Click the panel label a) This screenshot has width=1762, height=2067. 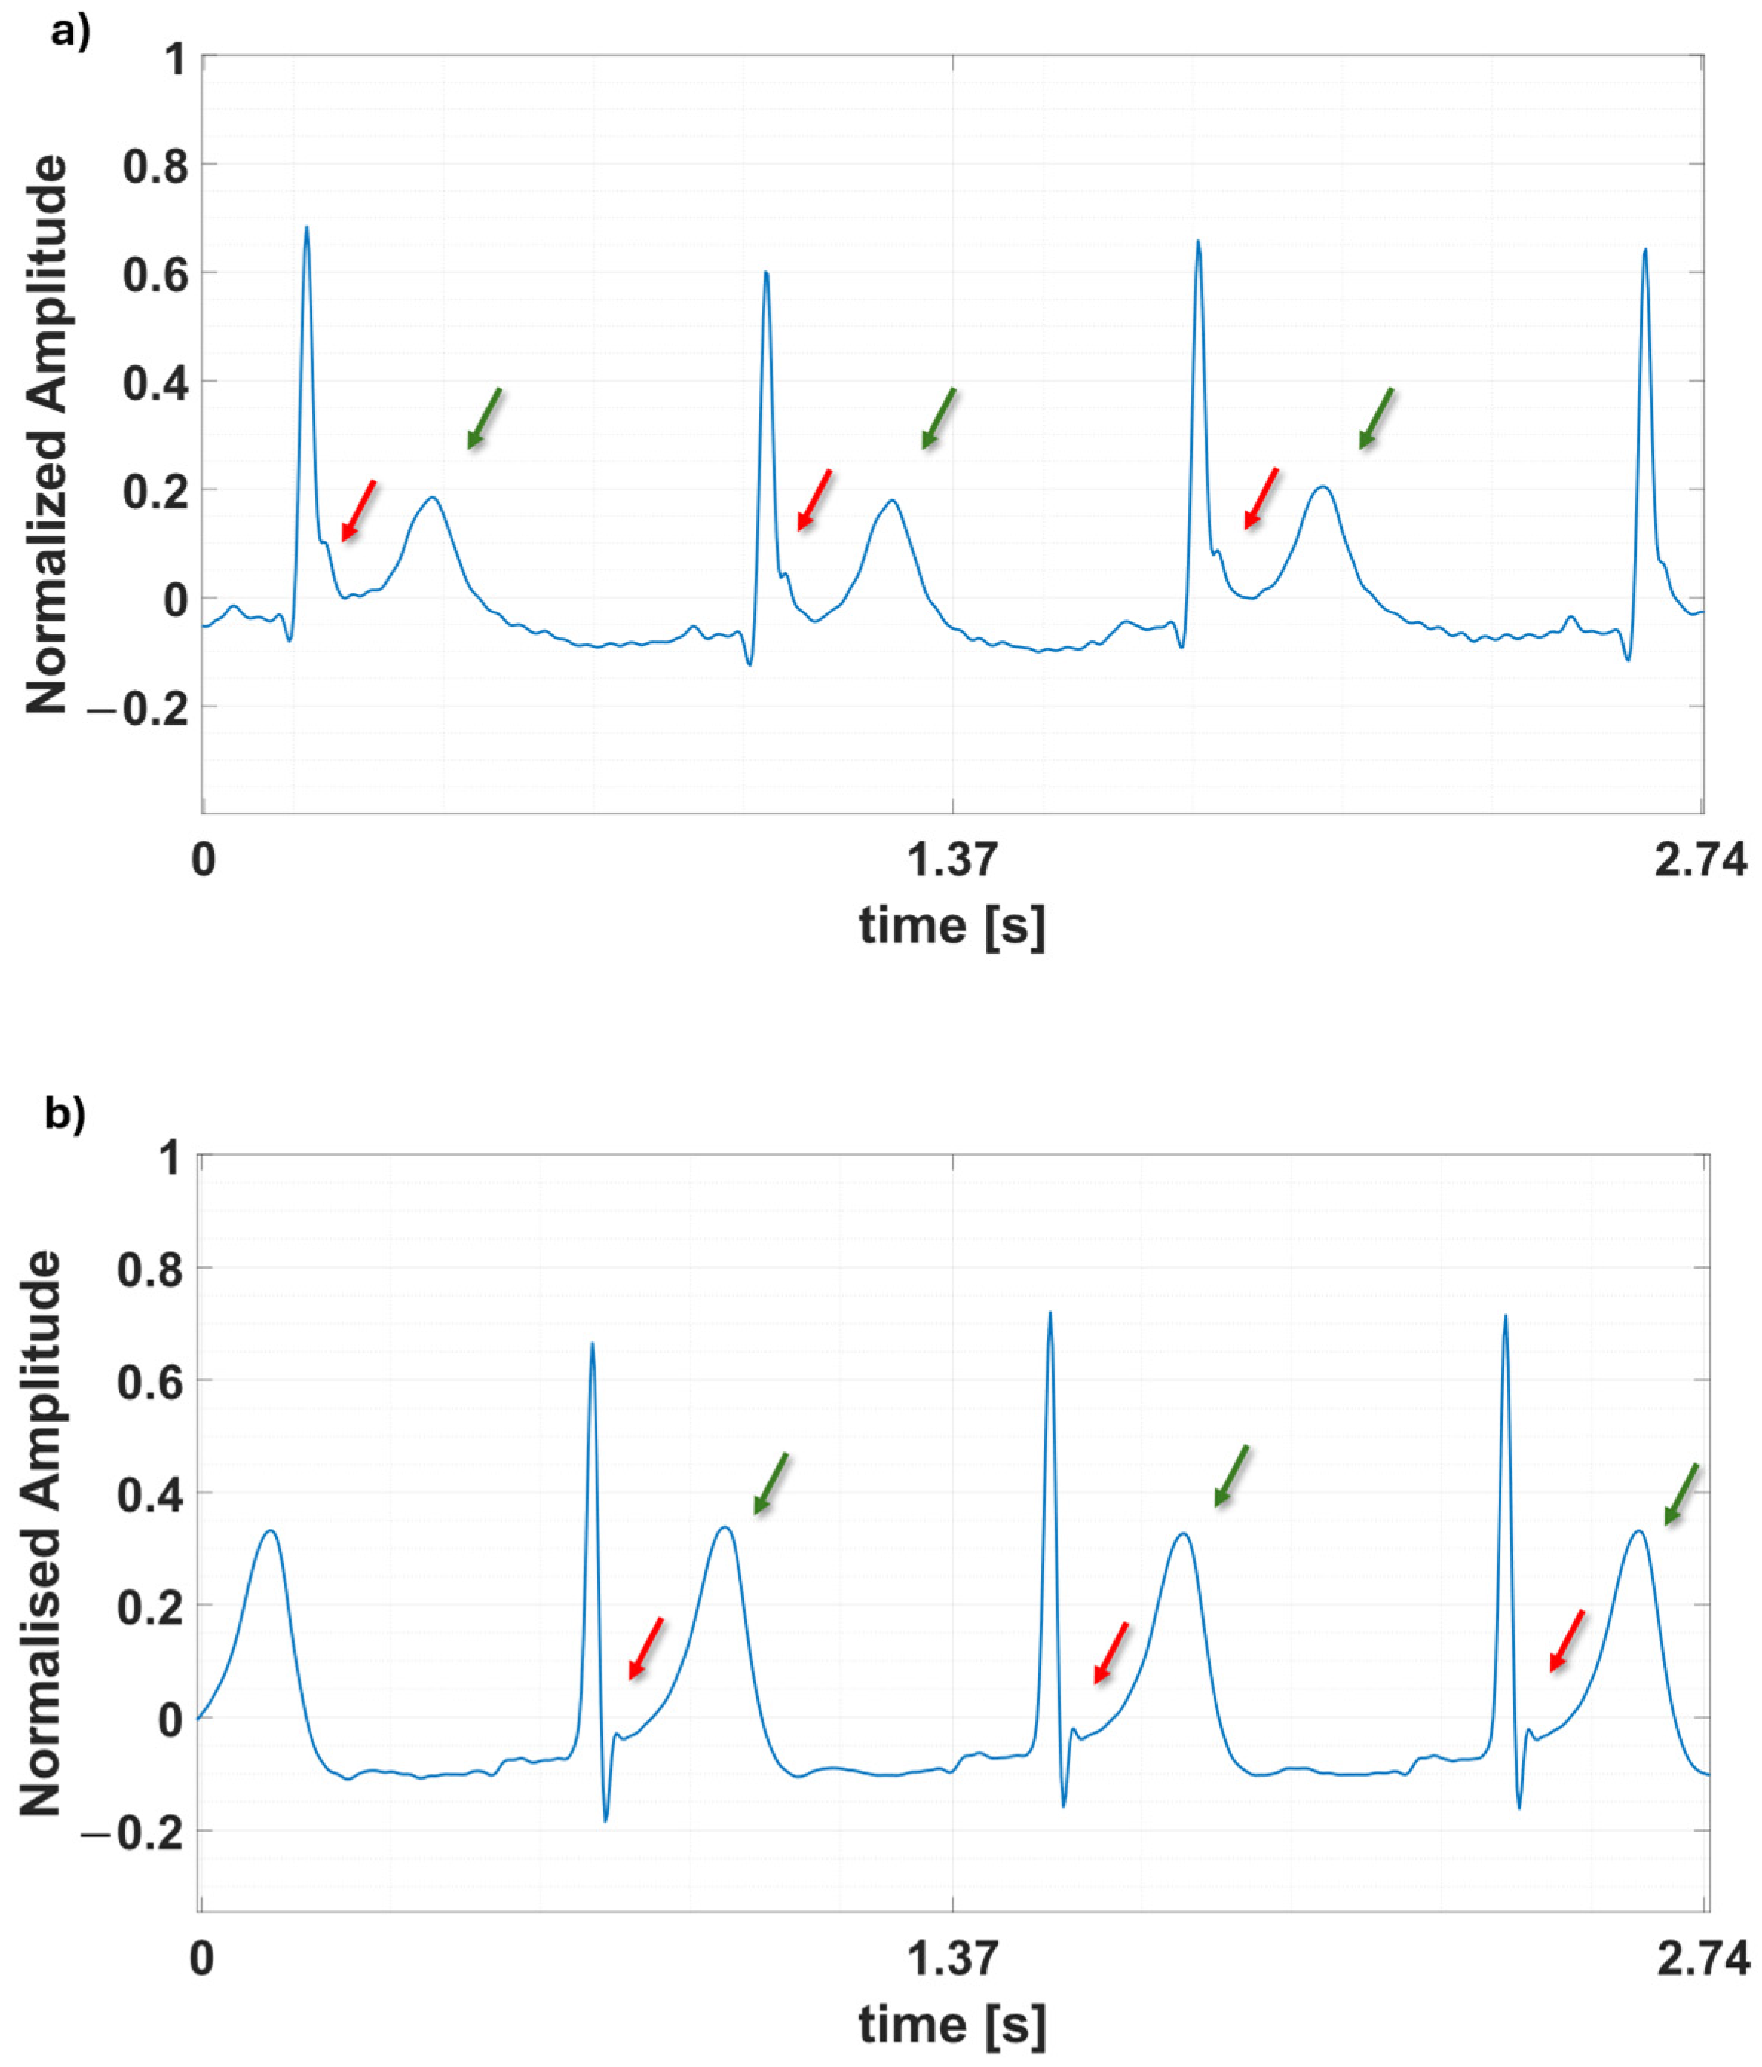70,32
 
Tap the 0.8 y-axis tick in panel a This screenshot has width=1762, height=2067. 154,166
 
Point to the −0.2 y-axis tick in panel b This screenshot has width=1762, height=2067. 137,1832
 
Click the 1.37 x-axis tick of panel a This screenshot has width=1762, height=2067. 952,859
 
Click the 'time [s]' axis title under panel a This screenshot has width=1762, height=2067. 952,925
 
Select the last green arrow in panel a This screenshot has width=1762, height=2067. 1377,418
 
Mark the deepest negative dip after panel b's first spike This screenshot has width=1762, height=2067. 606,1820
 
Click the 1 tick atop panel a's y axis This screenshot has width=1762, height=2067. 175,60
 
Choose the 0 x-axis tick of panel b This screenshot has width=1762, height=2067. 201,1959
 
